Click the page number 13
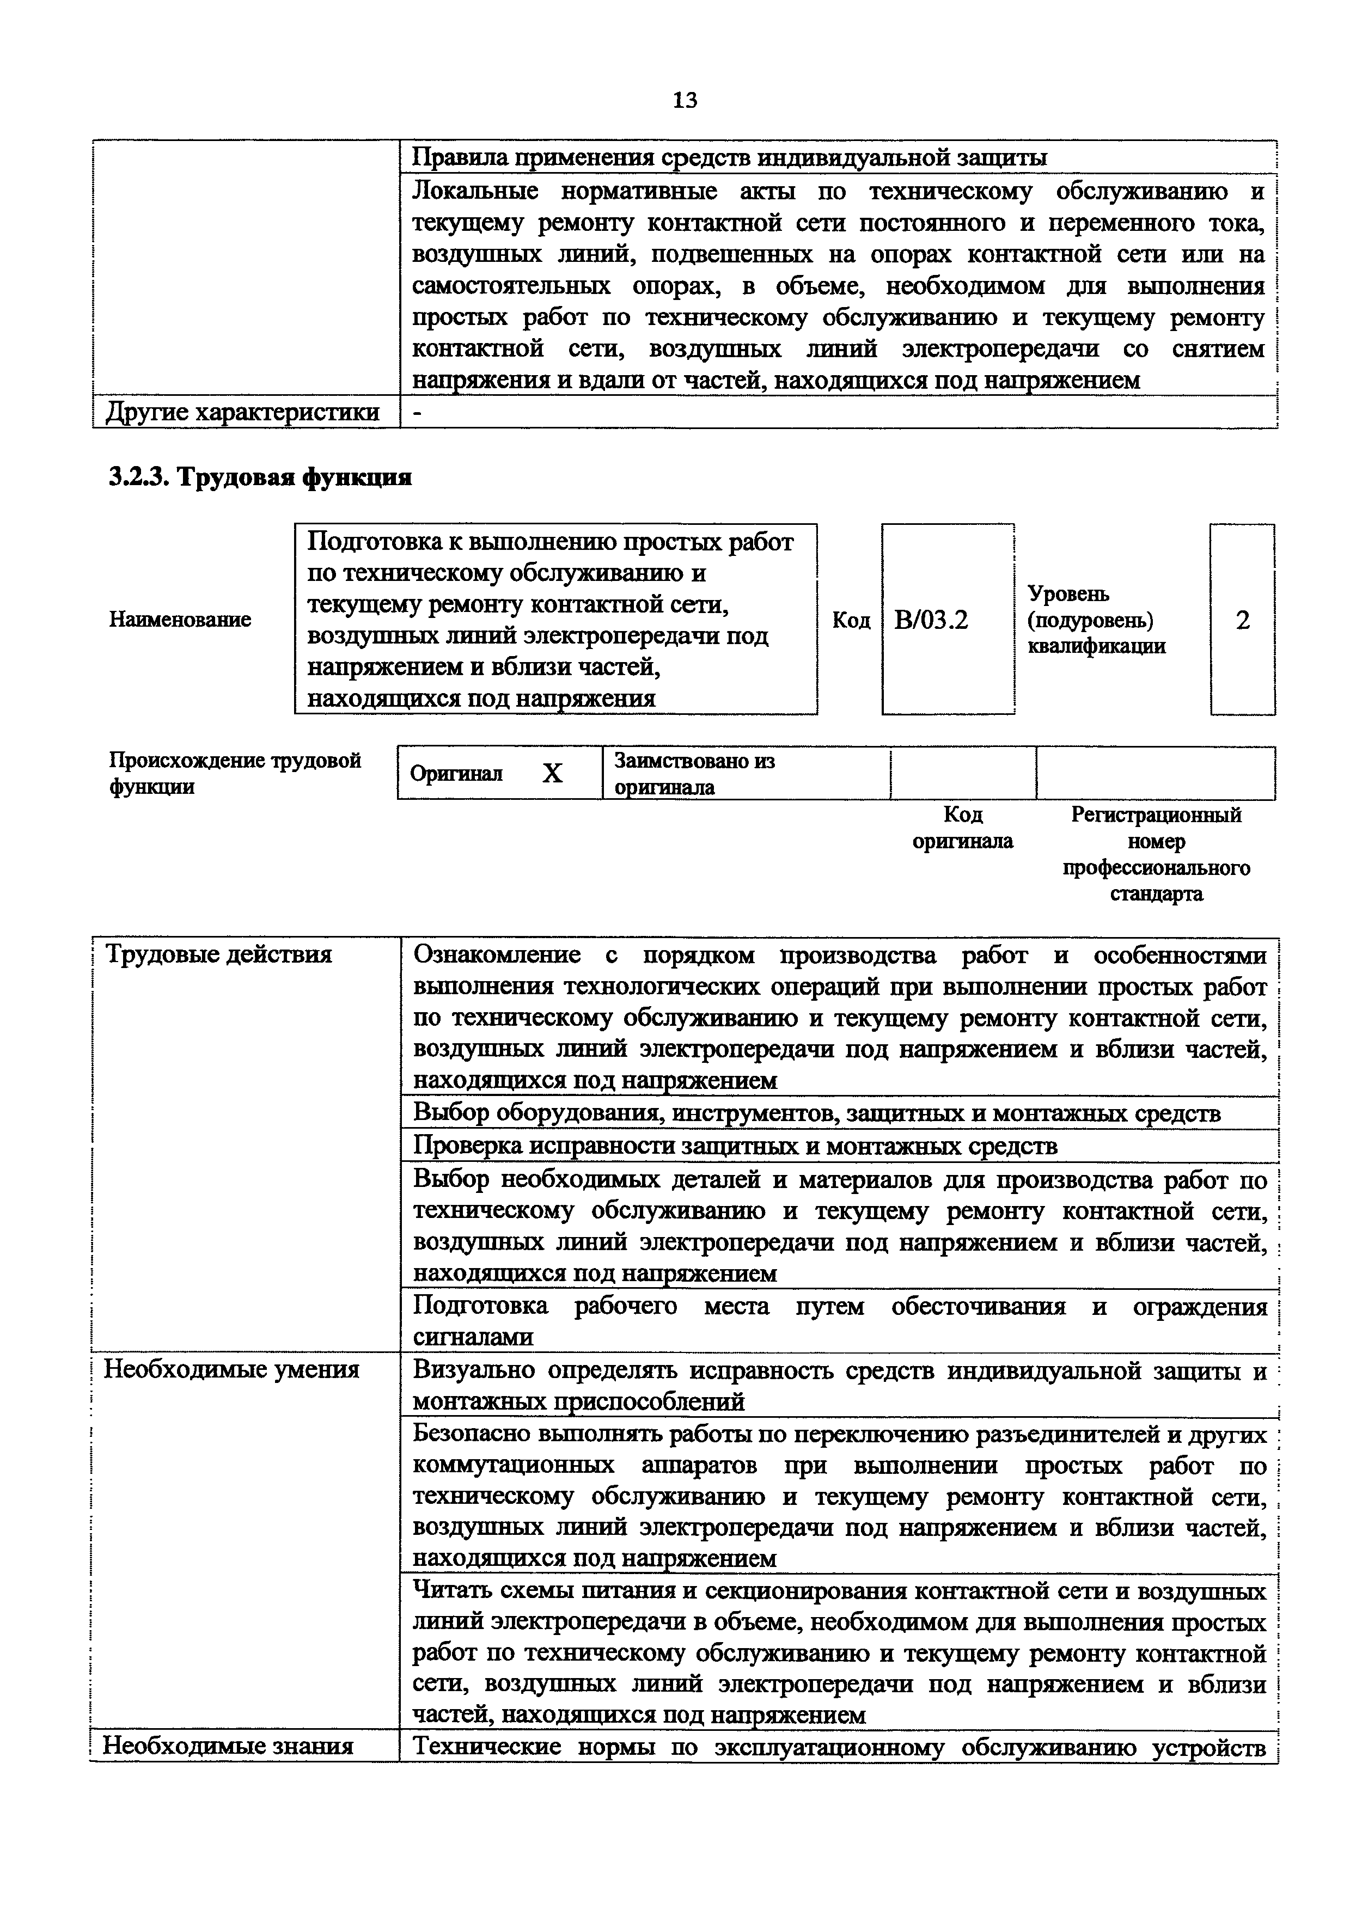tap(685, 101)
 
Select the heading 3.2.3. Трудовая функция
tap(260, 477)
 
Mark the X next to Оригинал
tap(552, 774)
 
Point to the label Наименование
tap(180, 620)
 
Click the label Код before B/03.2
tap(851, 621)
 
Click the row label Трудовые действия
tap(218, 954)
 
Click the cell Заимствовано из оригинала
tap(694, 774)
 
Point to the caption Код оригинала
tap(962, 828)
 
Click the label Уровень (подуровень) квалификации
tap(1096, 621)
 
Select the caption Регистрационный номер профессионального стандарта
tap(1156, 854)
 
